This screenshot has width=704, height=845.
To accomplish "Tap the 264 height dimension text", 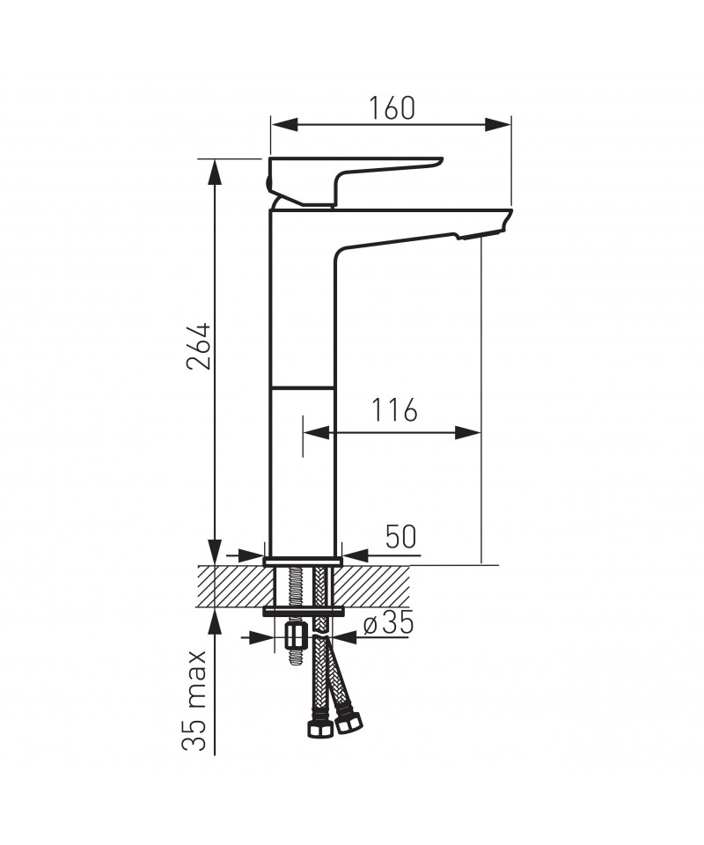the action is pos(198,346).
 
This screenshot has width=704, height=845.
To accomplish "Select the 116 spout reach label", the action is pos(394,410).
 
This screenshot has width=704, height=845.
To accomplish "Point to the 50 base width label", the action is pos(400,537).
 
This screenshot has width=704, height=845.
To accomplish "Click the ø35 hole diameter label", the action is pos(388,623).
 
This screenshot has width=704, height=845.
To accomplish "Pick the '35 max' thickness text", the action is pos(194,701).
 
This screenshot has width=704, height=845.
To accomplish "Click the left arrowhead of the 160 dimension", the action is pos(284,124).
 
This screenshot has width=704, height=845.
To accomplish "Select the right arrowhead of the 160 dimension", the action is pos(497,124).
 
